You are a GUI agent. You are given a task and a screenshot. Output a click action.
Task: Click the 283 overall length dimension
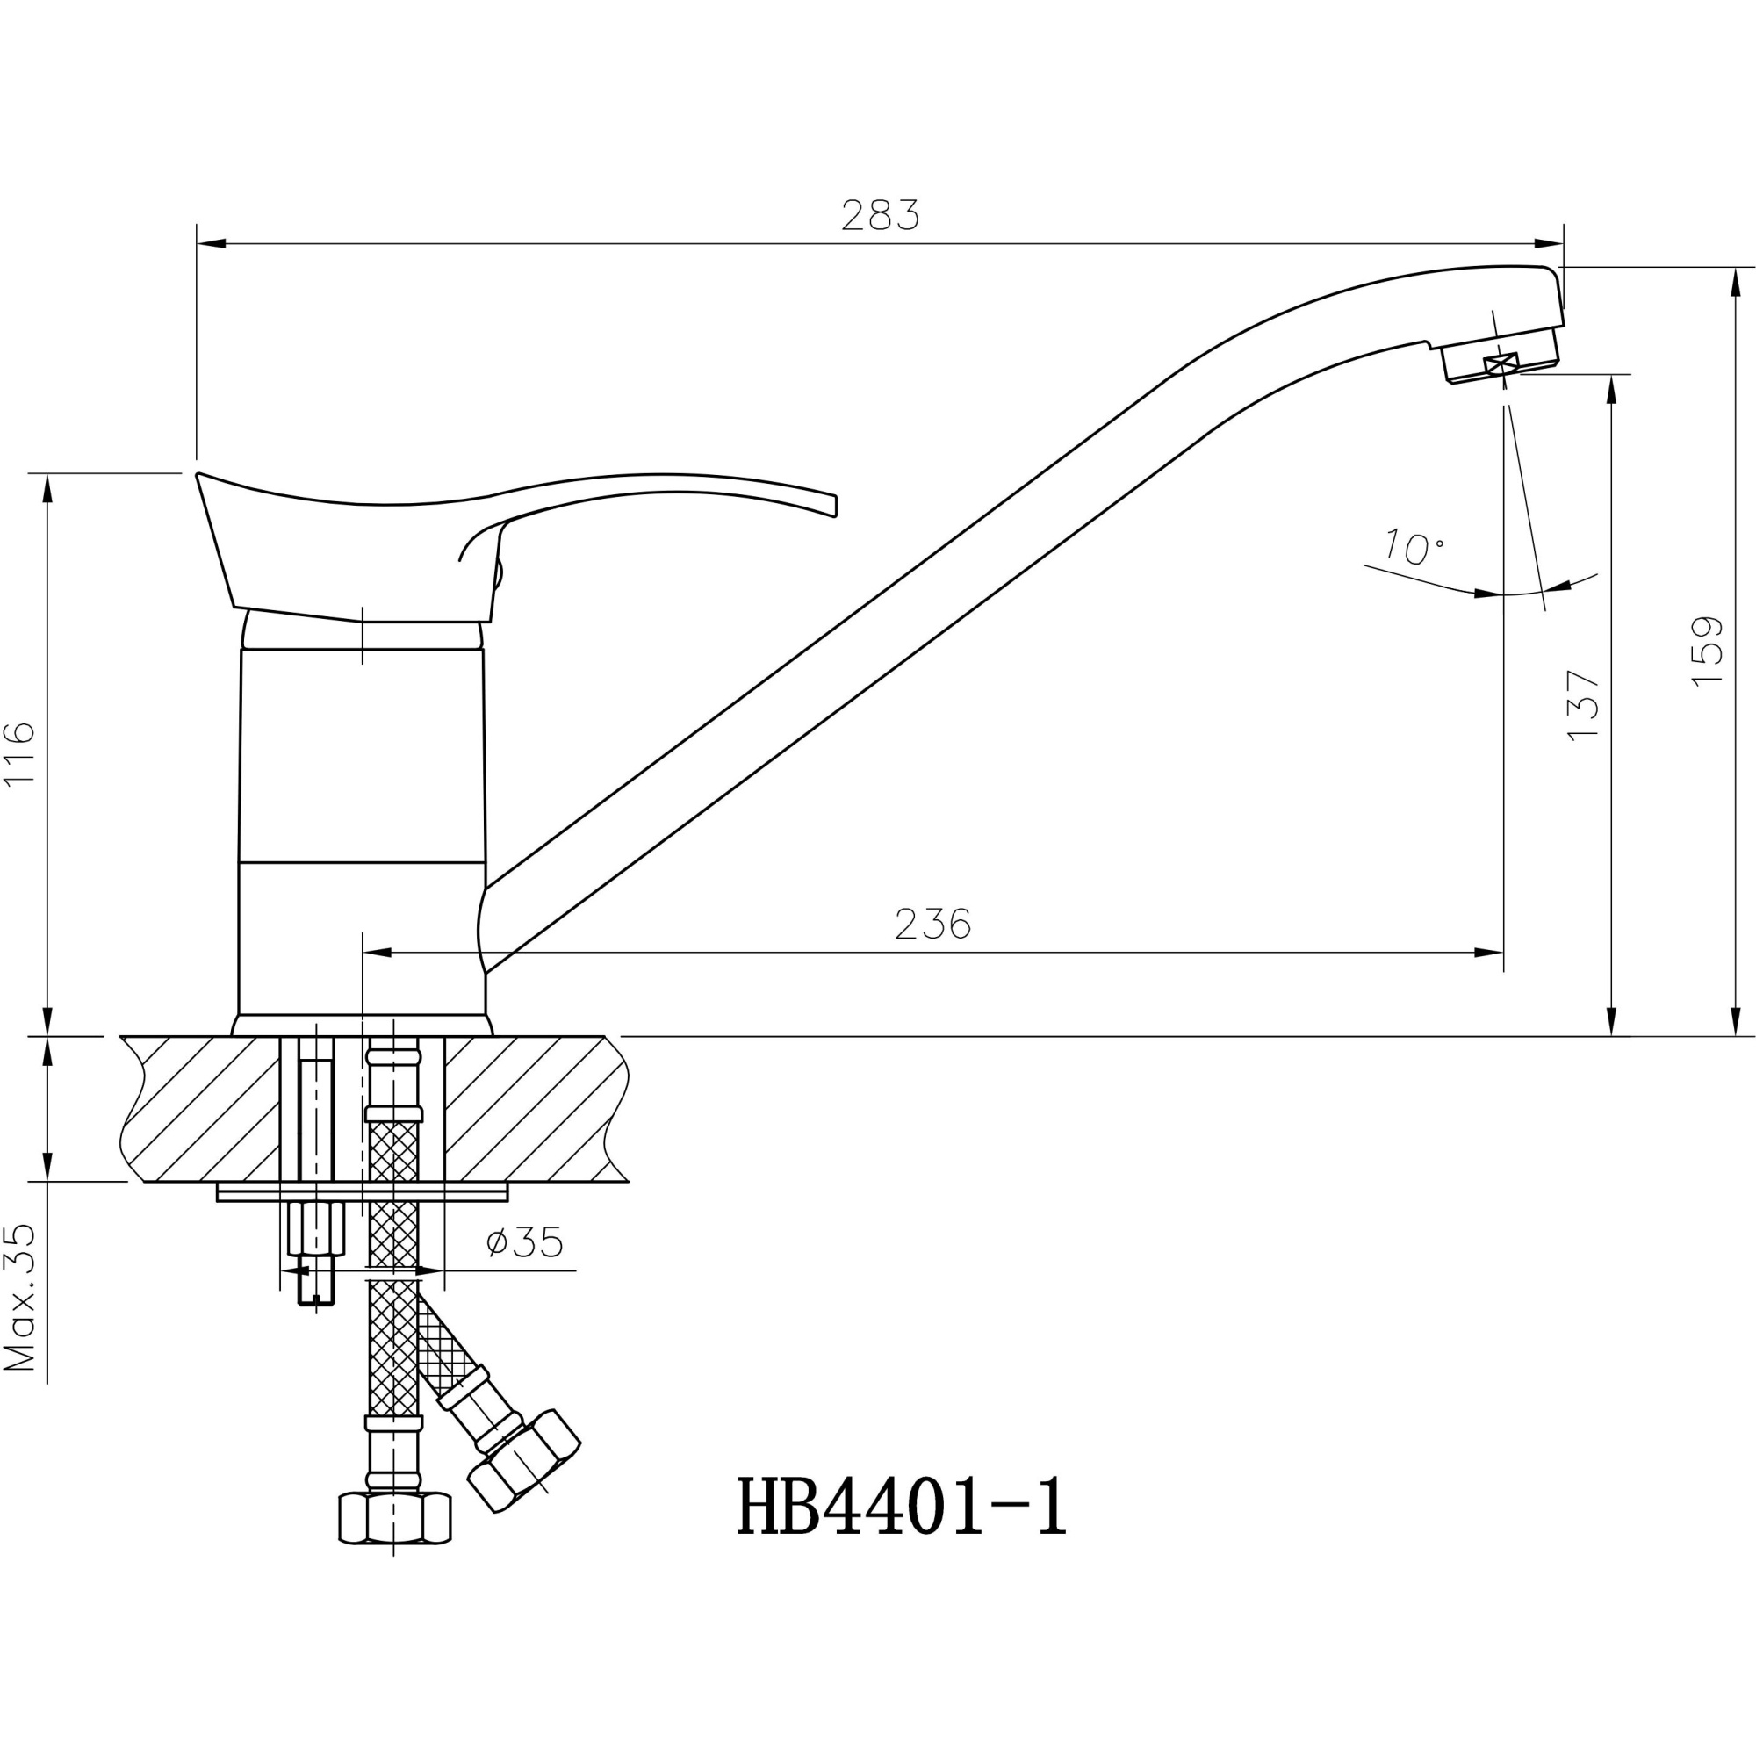click(x=880, y=215)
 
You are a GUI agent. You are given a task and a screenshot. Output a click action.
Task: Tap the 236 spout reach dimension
click(x=932, y=925)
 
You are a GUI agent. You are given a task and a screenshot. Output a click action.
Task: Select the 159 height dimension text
click(x=1708, y=651)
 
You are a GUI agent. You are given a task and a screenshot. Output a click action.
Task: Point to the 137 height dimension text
click(x=1583, y=705)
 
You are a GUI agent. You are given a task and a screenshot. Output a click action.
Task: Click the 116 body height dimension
click(x=20, y=754)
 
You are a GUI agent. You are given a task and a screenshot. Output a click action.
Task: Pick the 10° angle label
click(x=1413, y=547)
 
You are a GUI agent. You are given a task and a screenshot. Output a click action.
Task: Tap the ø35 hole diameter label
click(x=524, y=1241)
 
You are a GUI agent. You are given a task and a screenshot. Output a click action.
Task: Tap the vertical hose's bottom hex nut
click(x=394, y=1519)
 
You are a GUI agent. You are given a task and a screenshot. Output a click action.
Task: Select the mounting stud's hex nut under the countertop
click(x=315, y=1228)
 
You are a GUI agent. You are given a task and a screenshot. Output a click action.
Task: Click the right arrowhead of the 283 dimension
click(x=1549, y=243)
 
